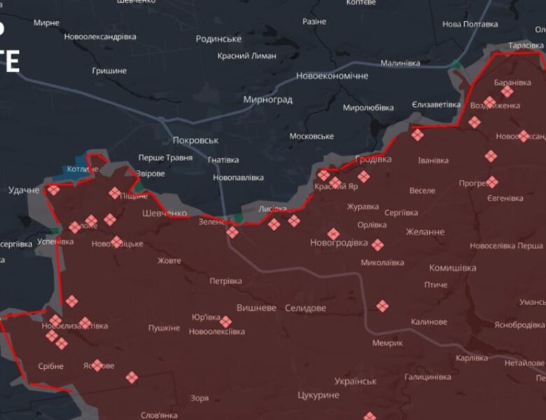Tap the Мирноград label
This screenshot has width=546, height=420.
(267, 99)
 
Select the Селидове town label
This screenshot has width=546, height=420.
(305, 308)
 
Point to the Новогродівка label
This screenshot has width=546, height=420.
(339, 243)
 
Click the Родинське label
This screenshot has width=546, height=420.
(218, 39)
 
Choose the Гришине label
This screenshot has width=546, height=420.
(109, 71)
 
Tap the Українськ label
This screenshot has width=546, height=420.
(355, 381)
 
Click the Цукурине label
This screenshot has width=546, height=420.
(318, 395)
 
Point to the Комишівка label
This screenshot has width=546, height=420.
(452, 268)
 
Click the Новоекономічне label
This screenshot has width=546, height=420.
(332, 76)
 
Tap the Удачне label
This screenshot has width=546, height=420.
(24, 190)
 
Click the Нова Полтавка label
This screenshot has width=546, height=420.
(470, 24)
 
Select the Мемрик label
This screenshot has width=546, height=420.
(387, 343)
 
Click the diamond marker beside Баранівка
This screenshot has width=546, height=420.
(507, 91)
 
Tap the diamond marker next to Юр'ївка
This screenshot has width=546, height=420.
(225, 322)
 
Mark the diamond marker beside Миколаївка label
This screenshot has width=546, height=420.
(377, 245)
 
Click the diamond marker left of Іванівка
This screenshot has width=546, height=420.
(417, 135)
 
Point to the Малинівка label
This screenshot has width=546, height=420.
(400, 63)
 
